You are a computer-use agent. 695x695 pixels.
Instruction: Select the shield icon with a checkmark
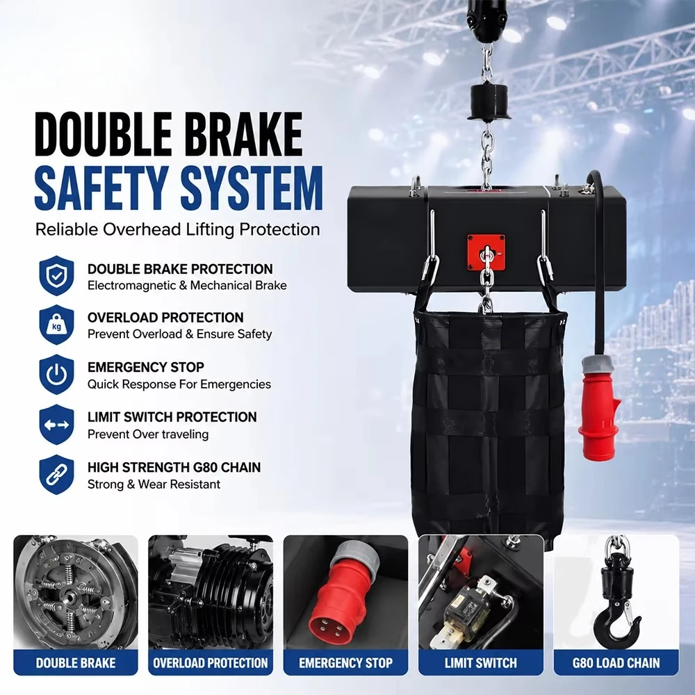[56, 276]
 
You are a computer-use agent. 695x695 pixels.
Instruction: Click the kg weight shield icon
[56, 325]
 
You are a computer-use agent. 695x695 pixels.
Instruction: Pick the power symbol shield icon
[56, 375]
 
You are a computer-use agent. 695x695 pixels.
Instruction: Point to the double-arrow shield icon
[56, 425]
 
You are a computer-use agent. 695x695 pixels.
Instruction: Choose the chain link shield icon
[56, 474]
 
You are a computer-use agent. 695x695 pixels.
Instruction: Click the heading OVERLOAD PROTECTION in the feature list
[165, 318]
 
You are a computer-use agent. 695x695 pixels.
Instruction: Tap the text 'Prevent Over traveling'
[148, 434]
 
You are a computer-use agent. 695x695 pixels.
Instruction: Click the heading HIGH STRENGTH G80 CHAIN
[174, 467]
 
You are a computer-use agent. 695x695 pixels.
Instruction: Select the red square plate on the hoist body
[486, 252]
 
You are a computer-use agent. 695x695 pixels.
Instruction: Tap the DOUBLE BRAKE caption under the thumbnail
[76, 662]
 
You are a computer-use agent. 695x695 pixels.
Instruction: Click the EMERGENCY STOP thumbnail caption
[345, 662]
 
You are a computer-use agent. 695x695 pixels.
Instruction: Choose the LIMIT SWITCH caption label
[481, 662]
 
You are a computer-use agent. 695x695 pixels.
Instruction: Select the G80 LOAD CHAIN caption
[616, 662]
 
